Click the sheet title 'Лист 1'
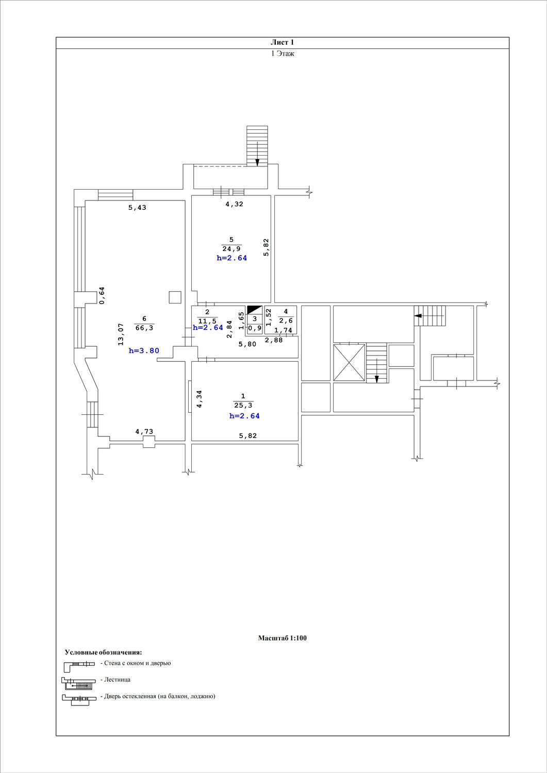[x=282, y=42]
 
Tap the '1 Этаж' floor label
[x=283, y=54]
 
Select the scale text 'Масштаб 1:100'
[x=282, y=638]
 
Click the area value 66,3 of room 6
[x=144, y=328]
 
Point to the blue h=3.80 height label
[x=144, y=350]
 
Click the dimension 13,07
[x=121, y=334]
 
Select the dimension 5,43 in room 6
[x=138, y=207]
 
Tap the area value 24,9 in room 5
[x=231, y=248]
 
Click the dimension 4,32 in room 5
[x=235, y=204]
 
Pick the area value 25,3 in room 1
[x=243, y=405]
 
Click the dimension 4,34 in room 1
[x=199, y=399]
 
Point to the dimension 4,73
[x=144, y=431]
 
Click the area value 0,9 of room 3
[x=255, y=328]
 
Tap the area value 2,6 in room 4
[x=286, y=321]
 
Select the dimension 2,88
[x=274, y=340]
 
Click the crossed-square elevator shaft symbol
[x=349, y=362]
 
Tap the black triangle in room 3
[x=255, y=310]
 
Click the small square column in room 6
[x=175, y=297]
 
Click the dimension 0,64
[x=102, y=296]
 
